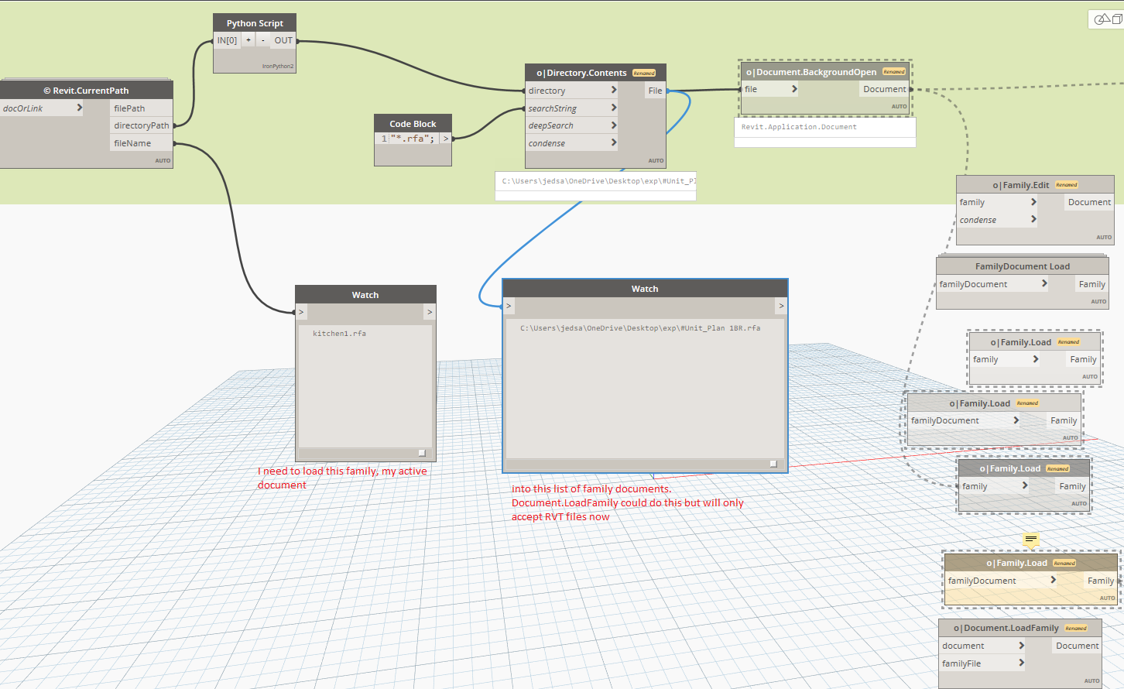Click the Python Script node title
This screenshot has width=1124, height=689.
(255, 23)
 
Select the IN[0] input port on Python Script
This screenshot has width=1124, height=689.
(227, 40)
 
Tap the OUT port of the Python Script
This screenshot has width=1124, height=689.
(283, 40)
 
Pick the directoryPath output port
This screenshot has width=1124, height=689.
(141, 125)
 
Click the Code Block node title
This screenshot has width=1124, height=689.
(413, 124)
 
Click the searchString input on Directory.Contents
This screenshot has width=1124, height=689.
(553, 108)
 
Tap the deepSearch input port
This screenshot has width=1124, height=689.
(551, 125)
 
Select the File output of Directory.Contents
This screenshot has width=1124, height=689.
(655, 91)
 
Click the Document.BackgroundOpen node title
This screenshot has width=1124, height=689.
(816, 72)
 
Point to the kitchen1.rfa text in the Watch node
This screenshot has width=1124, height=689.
(339, 334)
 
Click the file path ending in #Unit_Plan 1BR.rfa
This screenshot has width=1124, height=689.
(640, 328)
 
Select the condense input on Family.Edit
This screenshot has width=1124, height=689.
(978, 220)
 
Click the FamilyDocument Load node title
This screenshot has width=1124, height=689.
(1022, 266)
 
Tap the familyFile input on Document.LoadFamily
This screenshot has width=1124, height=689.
(961, 663)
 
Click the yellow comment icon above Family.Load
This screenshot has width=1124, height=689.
(1030, 540)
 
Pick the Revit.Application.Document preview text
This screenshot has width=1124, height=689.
(799, 127)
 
